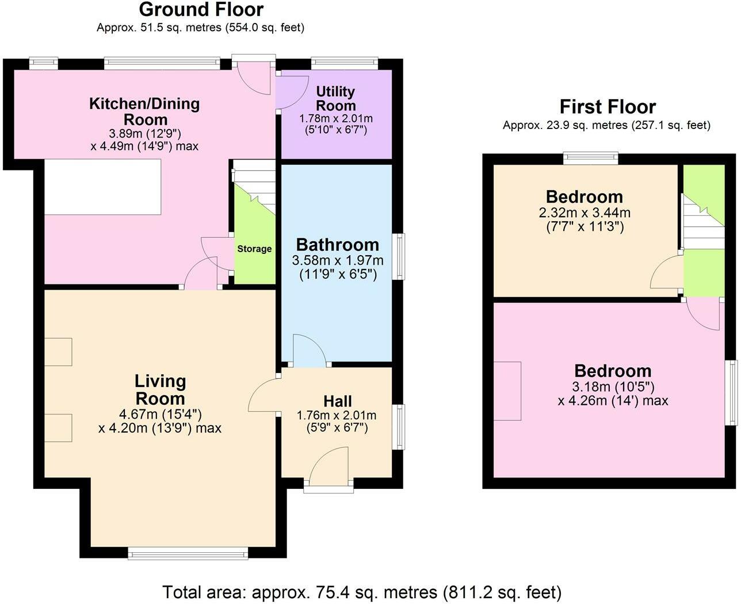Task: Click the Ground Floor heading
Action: pyautogui.click(x=201, y=10)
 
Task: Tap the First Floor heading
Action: pyautogui.click(x=607, y=107)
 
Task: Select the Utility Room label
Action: pyautogui.click(x=336, y=98)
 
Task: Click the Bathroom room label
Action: pyautogui.click(x=337, y=245)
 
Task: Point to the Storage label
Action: pyautogui.click(x=254, y=249)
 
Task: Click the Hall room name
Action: pyautogui.click(x=337, y=401)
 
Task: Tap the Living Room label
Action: pyautogui.click(x=160, y=390)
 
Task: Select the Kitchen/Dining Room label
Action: pyautogui.click(x=144, y=112)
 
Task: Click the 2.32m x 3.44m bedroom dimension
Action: pyautogui.click(x=585, y=212)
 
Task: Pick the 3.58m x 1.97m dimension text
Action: pyautogui.click(x=337, y=260)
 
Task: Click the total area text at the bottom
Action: pyautogui.click(x=362, y=591)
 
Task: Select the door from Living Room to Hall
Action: pyautogui.click(x=263, y=396)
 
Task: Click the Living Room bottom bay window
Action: pyautogui.click(x=188, y=554)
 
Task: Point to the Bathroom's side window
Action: pyautogui.click(x=398, y=256)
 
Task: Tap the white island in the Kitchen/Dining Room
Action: pyautogui.click(x=103, y=187)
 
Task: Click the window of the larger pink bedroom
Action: pyautogui.click(x=730, y=393)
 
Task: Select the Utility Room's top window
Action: pyautogui.click(x=344, y=63)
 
